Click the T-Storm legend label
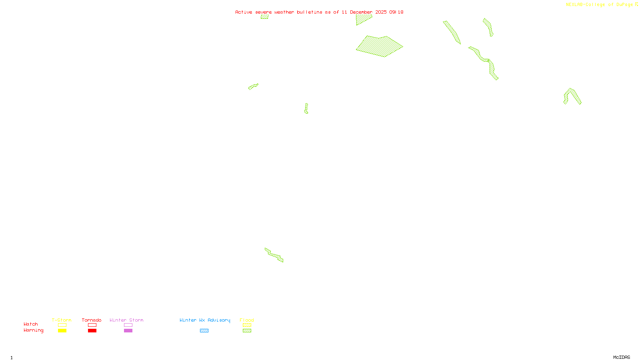tap(62, 320)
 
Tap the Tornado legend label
tap(92, 320)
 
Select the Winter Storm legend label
tap(126, 320)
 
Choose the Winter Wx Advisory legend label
tap(205, 320)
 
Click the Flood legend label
tap(247, 320)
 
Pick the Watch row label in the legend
tap(31, 324)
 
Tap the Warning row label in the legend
tap(34, 330)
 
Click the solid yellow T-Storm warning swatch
tap(62, 331)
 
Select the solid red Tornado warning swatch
tap(92, 331)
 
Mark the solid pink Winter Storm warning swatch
tap(128, 331)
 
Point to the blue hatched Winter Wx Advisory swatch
tap(204, 331)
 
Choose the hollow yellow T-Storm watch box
tap(62, 325)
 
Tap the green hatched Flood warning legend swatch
tap(247, 331)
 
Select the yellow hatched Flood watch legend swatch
tap(247, 325)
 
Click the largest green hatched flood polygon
tap(379, 46)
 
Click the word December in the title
tap(361, 12)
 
